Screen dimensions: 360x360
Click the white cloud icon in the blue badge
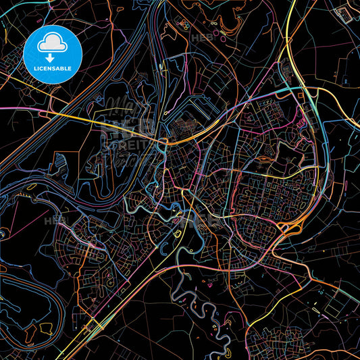pyautogui.click(x=52, y=44)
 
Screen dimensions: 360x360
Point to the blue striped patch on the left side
pyautogui.click(x=59, y=161)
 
